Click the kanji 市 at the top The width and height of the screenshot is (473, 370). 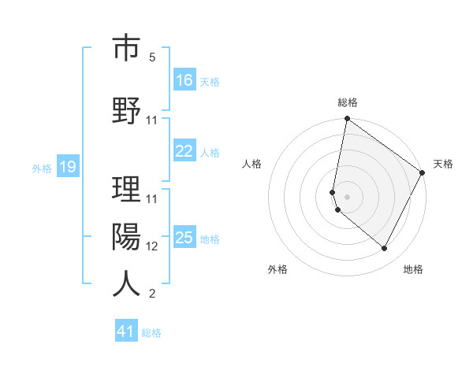pyautogui.click(x=126, y=49)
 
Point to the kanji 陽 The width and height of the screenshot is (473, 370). pyautogui.click(x=126, y=237)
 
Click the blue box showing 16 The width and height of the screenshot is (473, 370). pyautogui.click(x=184, y=80)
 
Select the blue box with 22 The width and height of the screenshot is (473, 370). pyautogui.click(x=184, y=152)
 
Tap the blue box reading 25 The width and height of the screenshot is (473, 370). pyautogui.click(x=184, y=239)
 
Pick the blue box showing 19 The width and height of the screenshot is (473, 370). pyautogui.click(x=67, y=167)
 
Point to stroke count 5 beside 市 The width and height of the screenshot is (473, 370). pyautogui.click(x=152, y=57)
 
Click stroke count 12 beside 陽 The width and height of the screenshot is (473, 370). pyautogui.click(x=152, y=246)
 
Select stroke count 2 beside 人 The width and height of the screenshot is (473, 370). pyautogui.click(x=152, y=294)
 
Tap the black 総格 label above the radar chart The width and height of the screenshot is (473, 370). pyautogui.click(x=348, y=102)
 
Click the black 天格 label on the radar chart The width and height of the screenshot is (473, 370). pyautogui.click(x=443, y=164)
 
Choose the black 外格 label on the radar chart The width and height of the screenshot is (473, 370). pyautogui.click(x=277, y=269)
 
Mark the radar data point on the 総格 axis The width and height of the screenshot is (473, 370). pyautogui.click(x=347, y=120)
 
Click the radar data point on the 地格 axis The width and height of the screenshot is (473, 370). pyautogui.click(x=385, y=249)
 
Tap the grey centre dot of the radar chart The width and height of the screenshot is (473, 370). pyautogui.click(x=347, y=196)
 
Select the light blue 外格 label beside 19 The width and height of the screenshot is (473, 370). pyautogui.click(x=42, y=168)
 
